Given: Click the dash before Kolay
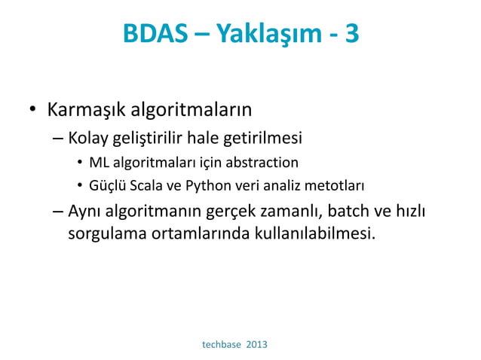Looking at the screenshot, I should (x=59, y=139).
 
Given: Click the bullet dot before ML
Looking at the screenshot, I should (x=79, y=163).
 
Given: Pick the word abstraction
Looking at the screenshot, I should (x=263, y=162).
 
